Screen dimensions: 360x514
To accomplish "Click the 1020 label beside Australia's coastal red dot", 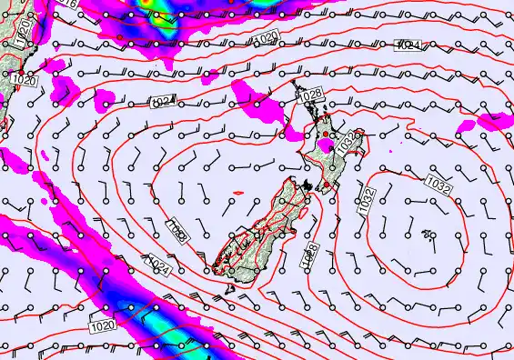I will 25,80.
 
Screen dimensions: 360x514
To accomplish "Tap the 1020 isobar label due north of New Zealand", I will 266,38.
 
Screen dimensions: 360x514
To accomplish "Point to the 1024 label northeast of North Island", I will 410,45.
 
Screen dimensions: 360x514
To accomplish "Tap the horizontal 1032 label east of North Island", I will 438,185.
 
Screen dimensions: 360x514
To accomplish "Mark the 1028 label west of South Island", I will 176,229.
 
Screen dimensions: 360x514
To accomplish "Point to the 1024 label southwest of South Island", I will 159,265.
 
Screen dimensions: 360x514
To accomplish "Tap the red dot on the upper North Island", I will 327,135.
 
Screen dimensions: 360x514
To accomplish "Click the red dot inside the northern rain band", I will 120,36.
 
